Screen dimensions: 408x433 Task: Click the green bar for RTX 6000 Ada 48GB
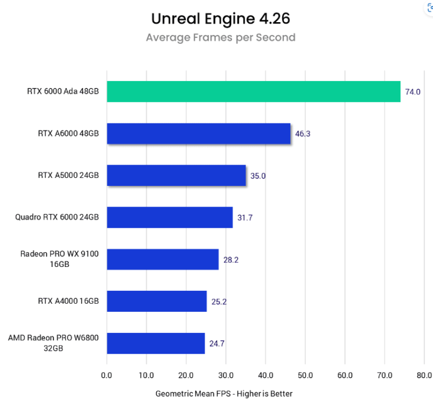pyautogui.click(x=254, y=92)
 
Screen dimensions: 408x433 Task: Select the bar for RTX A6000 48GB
pyautogui.click(x=198, y=133)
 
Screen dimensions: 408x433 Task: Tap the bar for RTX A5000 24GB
pyautogui.click(x=176, y=175)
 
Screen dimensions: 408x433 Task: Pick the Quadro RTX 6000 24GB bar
pyautogui.click(x=170, y=217)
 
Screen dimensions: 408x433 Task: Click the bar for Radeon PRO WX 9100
pyautogui.click(x=163, y=259)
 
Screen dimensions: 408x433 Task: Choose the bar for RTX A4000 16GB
pyautogui.click(x=157, y=301)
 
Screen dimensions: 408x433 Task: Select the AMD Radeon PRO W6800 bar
pyautogui.click(x=156, y=343)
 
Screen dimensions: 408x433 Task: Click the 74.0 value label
pyautogui.click(x=413, y=92)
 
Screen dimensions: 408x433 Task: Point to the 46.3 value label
pyautogui.click(x=303, y=134)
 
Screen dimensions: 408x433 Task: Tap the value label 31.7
pyautogui.click(x=245, y=218)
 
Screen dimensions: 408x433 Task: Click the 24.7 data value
pyautogui.click(x=217, y=344)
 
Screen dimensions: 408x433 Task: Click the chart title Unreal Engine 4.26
pyautogui.click(x=220, y=19)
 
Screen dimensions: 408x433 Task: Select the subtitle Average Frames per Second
pyautogui.click(x=220, y=38)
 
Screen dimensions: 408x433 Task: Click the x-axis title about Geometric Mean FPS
pyautogui.click(x=224, y=393)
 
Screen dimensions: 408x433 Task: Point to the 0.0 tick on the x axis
pyautogui.click(x=107, y=375)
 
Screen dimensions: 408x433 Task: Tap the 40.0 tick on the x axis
pyautogui.click(x=265, y=375)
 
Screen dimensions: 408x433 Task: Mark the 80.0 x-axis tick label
pyautogui.click(x=424, y=375)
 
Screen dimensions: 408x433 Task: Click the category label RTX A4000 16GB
pyautogui.click(x=68, y=301)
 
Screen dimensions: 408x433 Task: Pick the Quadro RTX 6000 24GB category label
pyautogui.click(x=57, y=217)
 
